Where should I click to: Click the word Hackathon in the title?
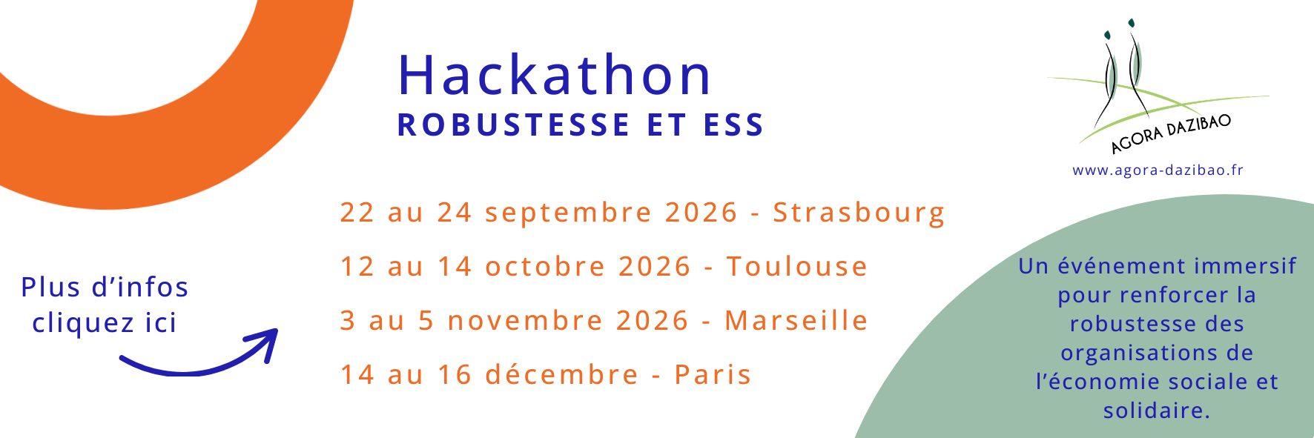click(x=555, y=75)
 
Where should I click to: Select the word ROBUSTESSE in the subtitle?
click(x=514, y=125)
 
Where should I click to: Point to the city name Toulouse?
click(x=797, y=266)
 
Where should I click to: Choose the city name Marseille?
click(x=796, y=320)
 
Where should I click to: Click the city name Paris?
click(x=713, y=374)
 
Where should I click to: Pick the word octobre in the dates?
click(x=546, y=266)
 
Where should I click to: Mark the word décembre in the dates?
click(x=562, y=374)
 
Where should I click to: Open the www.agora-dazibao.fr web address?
click(x=1158, y=170)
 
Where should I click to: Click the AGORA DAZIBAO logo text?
click(x=1171, y=134)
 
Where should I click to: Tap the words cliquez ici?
click(x=105, y=323)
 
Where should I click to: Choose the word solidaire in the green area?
click(x=1156, y=410)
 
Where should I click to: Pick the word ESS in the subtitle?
click(x=733, y=125)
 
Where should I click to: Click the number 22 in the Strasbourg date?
click(x=357, y=213)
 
